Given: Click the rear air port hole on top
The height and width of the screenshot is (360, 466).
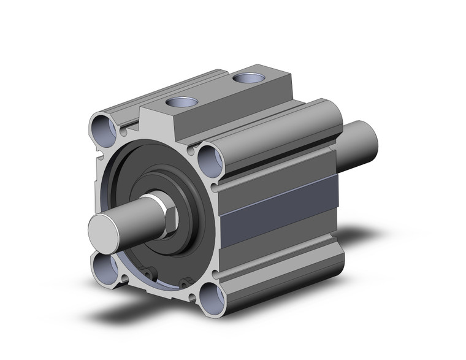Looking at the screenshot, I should (x=248, y=79).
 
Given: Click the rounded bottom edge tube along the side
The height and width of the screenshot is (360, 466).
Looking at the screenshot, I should (x=282, y=276).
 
